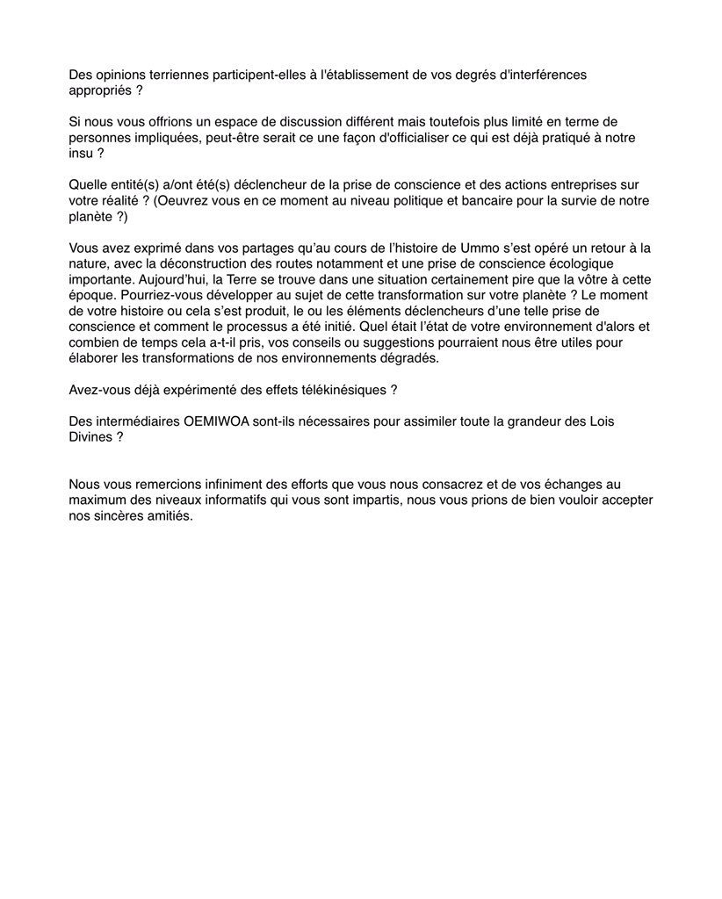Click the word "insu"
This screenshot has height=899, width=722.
[x=80, y=153]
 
